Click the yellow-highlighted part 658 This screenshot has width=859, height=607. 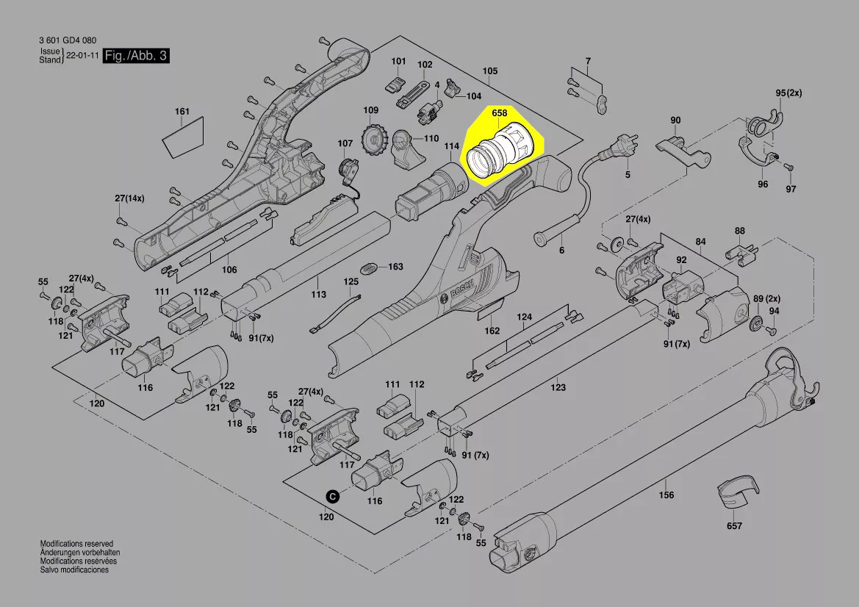499,151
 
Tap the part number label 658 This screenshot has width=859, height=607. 500,114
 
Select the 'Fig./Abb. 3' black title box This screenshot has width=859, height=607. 136,56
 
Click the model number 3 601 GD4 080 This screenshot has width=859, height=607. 68,40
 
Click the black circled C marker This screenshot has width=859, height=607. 332,497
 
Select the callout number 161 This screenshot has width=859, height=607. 182,112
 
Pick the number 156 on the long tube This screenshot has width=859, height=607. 666,495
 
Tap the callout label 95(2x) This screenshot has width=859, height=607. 790,93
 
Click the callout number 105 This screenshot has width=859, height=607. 490,71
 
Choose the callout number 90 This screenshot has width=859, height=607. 675,121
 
